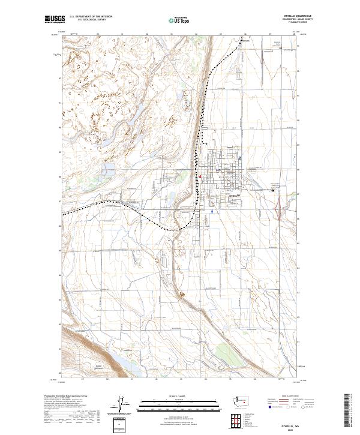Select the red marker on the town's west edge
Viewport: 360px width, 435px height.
pyautogui.click(x=200, y=181)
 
